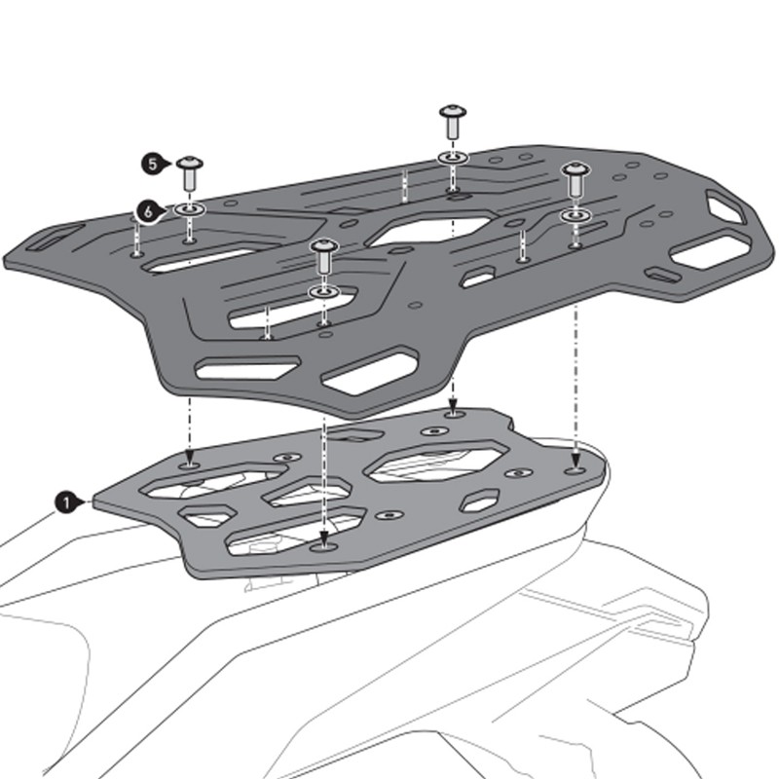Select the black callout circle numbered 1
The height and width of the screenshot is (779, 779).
[64, 502]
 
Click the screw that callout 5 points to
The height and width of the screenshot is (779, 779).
[189, 174]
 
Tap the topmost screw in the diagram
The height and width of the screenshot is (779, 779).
[453, 121]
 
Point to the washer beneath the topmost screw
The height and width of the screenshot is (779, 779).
[453, 157]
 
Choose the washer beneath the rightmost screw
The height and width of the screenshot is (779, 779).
[575, 214]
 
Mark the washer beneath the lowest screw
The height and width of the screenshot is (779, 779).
[323, 291]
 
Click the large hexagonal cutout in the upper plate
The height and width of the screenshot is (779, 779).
[428, 230]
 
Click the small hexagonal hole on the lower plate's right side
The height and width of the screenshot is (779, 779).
[480, 501]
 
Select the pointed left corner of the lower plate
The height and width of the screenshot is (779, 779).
[94, 501]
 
